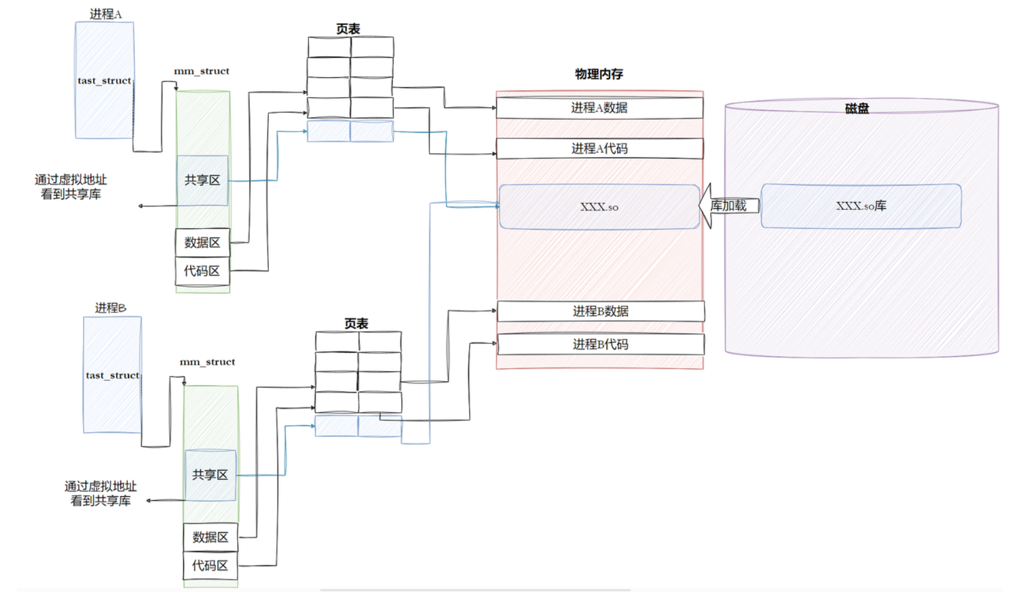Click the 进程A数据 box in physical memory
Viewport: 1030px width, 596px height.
tap(599, 108)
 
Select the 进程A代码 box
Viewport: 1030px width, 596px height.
tap(599, 148)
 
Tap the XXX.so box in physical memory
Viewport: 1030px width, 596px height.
tap(599, 207)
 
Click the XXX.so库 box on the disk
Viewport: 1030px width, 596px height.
tap(860, 206)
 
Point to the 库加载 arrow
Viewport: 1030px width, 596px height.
tap(728, 206)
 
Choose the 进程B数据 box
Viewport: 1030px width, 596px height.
tap(600, 311)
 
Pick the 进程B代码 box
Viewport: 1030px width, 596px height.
tap(600, 344)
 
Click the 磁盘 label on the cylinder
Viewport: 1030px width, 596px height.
tap(857, 108)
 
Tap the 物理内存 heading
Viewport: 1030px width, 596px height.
tap(599, 74)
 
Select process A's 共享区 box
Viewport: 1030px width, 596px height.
tap(202, 180)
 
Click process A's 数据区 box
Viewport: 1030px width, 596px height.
tap(202, 243)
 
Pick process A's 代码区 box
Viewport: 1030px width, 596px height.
tap(202, 271)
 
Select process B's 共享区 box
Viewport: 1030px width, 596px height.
tap(210, 475)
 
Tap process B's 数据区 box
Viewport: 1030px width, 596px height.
tap(210, 537)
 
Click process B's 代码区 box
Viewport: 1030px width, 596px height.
tap(210, 566)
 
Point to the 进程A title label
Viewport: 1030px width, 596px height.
tap(105, 14)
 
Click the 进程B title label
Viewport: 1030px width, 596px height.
tap(110, 308)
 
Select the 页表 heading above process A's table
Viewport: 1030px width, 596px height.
tap(348, 29)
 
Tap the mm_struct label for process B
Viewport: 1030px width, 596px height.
tap(207, 362)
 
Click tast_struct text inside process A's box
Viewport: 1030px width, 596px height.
tap(104, 81)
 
